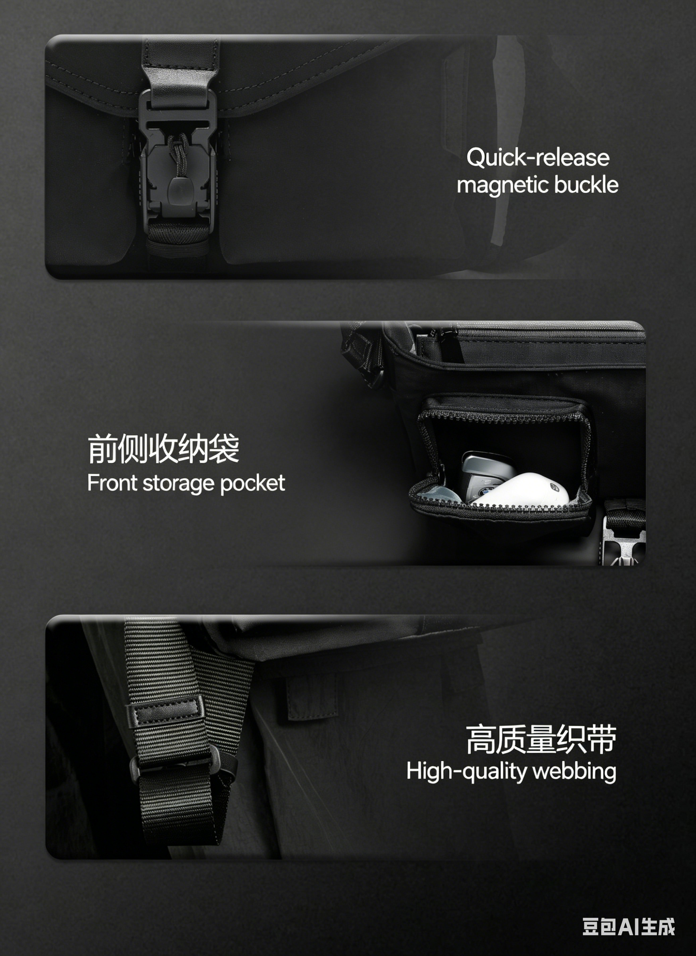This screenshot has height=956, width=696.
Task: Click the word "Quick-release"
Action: tap(538, 158)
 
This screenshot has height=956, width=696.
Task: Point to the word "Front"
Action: tap(113, 483)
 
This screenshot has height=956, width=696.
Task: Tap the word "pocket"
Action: tap(253, 484)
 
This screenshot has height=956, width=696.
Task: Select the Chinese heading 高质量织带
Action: tap(541, 739)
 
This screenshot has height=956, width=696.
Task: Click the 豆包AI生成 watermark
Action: tap(629, 926)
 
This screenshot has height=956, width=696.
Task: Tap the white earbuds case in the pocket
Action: tap(522, 490)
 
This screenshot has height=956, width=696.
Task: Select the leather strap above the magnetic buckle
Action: tap(181, 74)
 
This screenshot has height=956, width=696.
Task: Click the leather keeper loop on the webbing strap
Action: tap(165, 711)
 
